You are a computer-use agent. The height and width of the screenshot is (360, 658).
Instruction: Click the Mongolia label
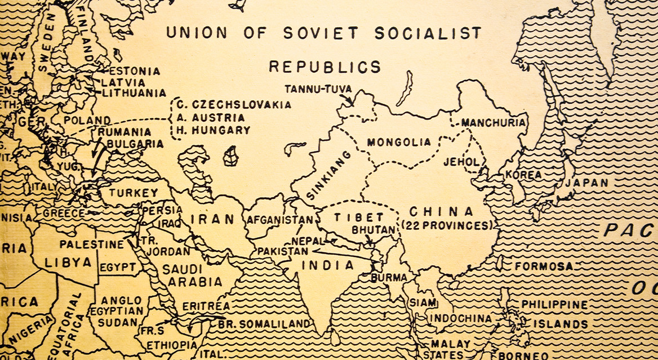pos(399,143)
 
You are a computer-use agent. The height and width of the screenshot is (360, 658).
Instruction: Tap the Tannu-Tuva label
pos(318,89)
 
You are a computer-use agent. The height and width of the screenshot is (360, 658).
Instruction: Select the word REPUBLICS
pos(324,66)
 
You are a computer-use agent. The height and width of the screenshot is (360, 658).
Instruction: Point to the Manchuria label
pos(493,123)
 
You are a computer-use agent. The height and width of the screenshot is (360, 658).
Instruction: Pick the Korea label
pos(523,175)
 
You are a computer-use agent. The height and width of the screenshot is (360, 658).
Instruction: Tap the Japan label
pos(586,183)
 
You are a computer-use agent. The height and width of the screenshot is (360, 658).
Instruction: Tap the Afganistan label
pos(279,219)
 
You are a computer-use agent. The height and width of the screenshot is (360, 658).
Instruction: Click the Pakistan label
pos(282,251)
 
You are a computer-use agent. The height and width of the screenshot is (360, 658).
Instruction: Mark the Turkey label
pos(134,193)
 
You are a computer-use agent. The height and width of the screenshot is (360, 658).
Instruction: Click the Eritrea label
pos(206,306)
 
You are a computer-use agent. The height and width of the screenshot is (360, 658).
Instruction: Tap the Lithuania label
pos(134,94)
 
